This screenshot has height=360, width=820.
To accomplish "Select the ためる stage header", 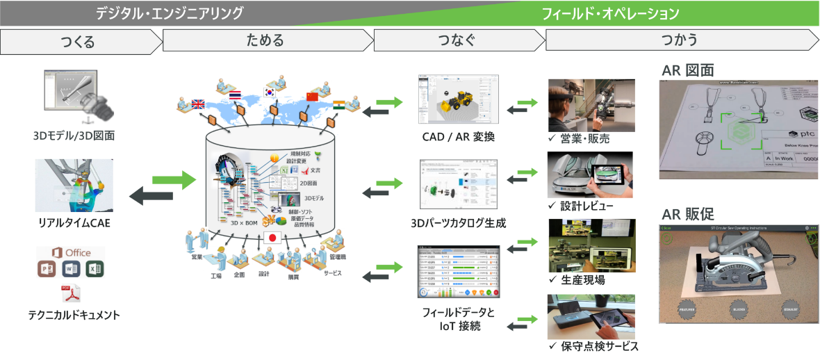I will click(x=265, y=40).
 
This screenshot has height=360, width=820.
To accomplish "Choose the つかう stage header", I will click(x=680, y=40).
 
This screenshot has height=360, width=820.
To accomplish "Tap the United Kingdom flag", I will click(x=197, y=105).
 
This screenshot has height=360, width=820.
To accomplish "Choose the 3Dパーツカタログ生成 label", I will click(x=458, y=223).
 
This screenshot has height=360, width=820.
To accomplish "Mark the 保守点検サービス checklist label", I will click(x=592, y=346).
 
